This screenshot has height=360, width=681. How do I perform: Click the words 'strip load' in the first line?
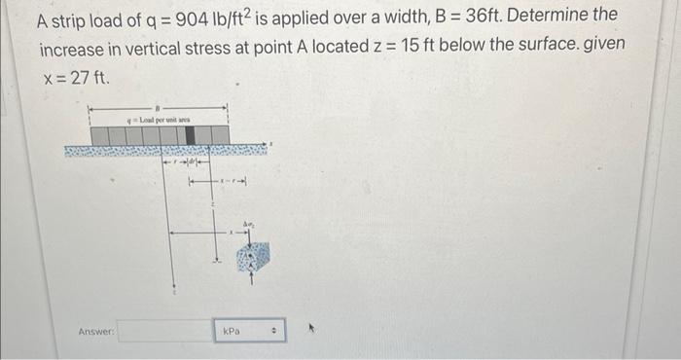(89, 18)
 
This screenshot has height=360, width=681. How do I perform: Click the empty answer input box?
(166, 332)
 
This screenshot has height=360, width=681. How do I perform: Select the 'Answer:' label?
(96, 332)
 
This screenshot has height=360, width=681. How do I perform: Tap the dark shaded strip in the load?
(192, 134)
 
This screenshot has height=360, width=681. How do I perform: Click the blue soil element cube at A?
(253, 257)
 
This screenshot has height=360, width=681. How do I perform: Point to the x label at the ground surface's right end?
(273, 146)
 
